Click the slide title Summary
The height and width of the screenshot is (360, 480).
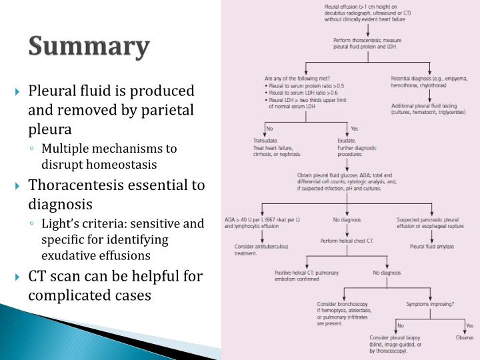[89, 47]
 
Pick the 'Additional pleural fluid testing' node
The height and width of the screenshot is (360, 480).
[428, 109]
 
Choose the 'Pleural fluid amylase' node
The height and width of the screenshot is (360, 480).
[432, 246]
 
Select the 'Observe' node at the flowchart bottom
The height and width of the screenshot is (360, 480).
[465, 338]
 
